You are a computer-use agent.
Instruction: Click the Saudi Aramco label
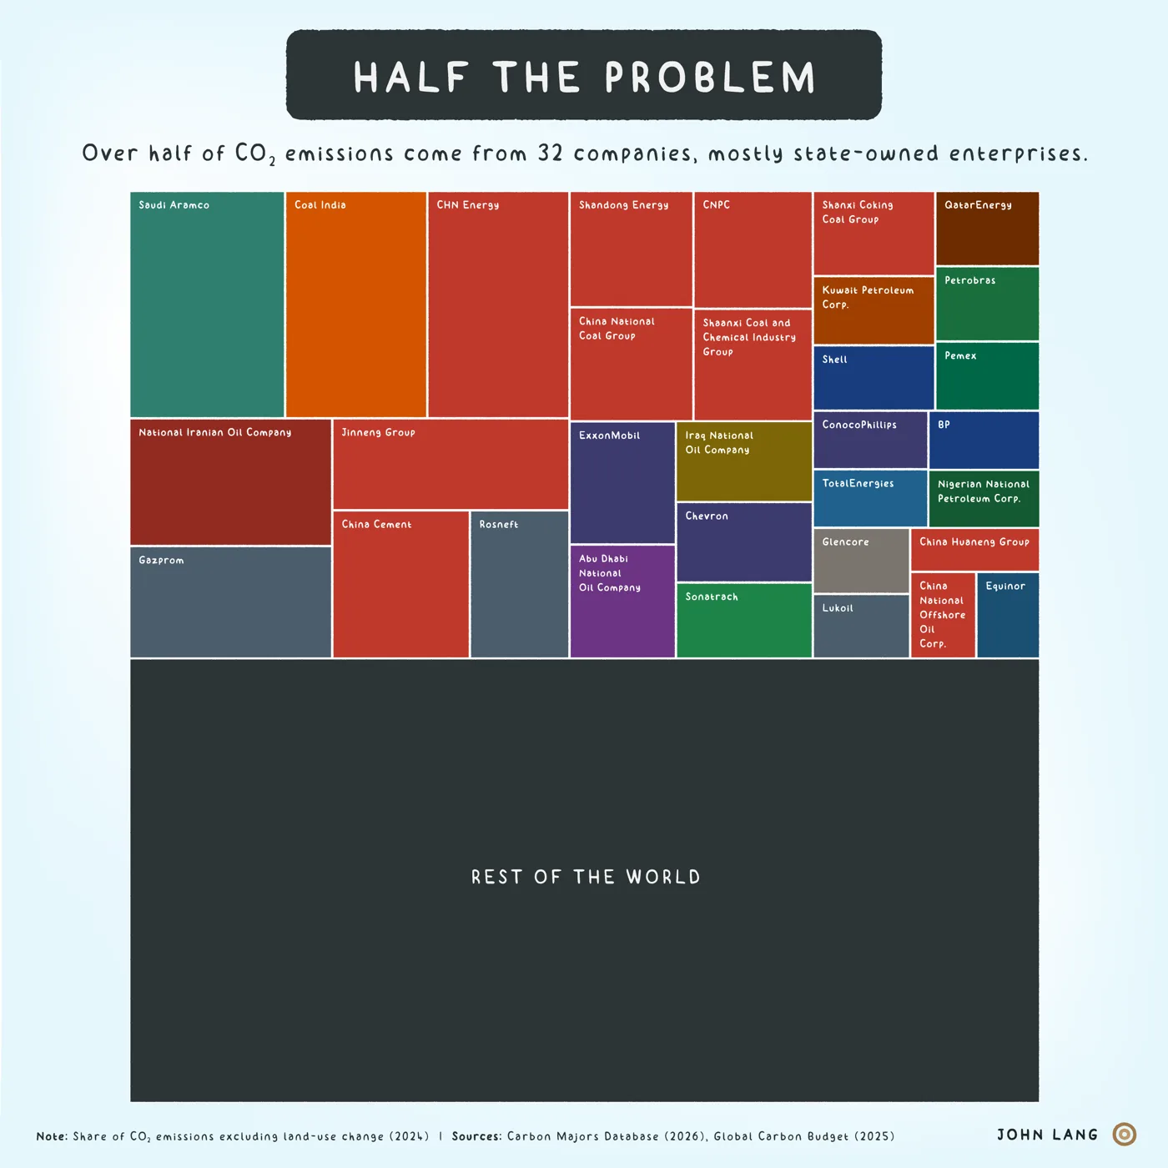(x=174, y=205)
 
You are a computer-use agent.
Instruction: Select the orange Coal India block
(x=355, y=305)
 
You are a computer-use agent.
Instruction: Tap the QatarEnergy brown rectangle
(x=987, y=229)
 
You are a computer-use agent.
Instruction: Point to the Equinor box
(x=1007, y=615)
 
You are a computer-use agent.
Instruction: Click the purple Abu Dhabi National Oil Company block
(x=622, y=601)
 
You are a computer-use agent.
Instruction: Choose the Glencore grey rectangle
(x=861, y=560)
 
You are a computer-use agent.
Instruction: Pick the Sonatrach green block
(x=743, y=620)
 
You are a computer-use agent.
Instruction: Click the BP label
(x=944, y=425)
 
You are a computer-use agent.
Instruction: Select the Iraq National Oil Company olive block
(x=743, y=461)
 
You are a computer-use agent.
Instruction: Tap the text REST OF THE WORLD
(x=586, y=877)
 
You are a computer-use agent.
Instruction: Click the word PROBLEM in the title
(x=710, y=77)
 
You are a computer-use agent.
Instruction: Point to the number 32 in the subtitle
(x=551, y=153)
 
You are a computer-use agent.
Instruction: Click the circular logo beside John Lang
(x=1125, y=1134)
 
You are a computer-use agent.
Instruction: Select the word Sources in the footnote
(x=476, y=1135)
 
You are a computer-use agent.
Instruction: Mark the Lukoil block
(x=861, y=626)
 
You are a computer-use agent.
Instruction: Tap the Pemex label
(x=960, y=355)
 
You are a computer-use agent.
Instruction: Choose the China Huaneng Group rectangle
(x=974, y=550)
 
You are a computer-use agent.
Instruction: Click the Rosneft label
(x=498, y=524)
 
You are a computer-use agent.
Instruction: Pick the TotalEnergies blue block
(x=870, y=497)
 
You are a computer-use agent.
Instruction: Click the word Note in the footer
(x=52, y=1135)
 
